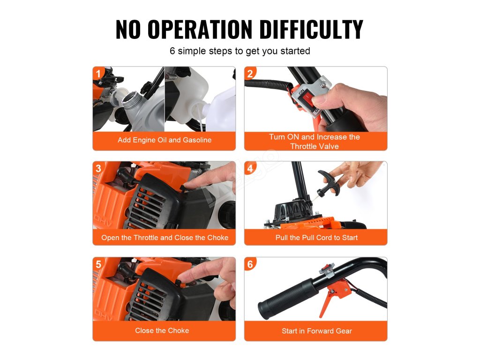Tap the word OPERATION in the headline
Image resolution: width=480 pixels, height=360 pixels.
(200, 30)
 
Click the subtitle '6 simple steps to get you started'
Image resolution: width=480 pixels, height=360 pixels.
(240, 51)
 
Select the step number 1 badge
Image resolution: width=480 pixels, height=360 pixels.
(98, 74)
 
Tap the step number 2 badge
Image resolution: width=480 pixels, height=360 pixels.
(250, 74)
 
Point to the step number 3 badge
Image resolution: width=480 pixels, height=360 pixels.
(98, 168)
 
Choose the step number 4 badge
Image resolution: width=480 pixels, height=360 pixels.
(250, 168)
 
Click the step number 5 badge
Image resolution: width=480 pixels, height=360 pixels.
(98, 264)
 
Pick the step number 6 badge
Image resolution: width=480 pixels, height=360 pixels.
(250, 264)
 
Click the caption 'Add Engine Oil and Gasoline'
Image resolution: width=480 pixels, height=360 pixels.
(165, 140)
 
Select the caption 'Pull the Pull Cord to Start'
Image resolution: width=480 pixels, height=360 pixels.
(316, 238)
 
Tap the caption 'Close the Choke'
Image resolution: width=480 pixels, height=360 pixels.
(162, 330)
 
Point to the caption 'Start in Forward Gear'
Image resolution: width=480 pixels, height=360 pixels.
(317, 331)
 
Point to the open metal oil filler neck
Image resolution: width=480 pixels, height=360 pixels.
(131, 101)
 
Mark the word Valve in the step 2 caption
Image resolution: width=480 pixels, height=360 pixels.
(329, 146)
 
